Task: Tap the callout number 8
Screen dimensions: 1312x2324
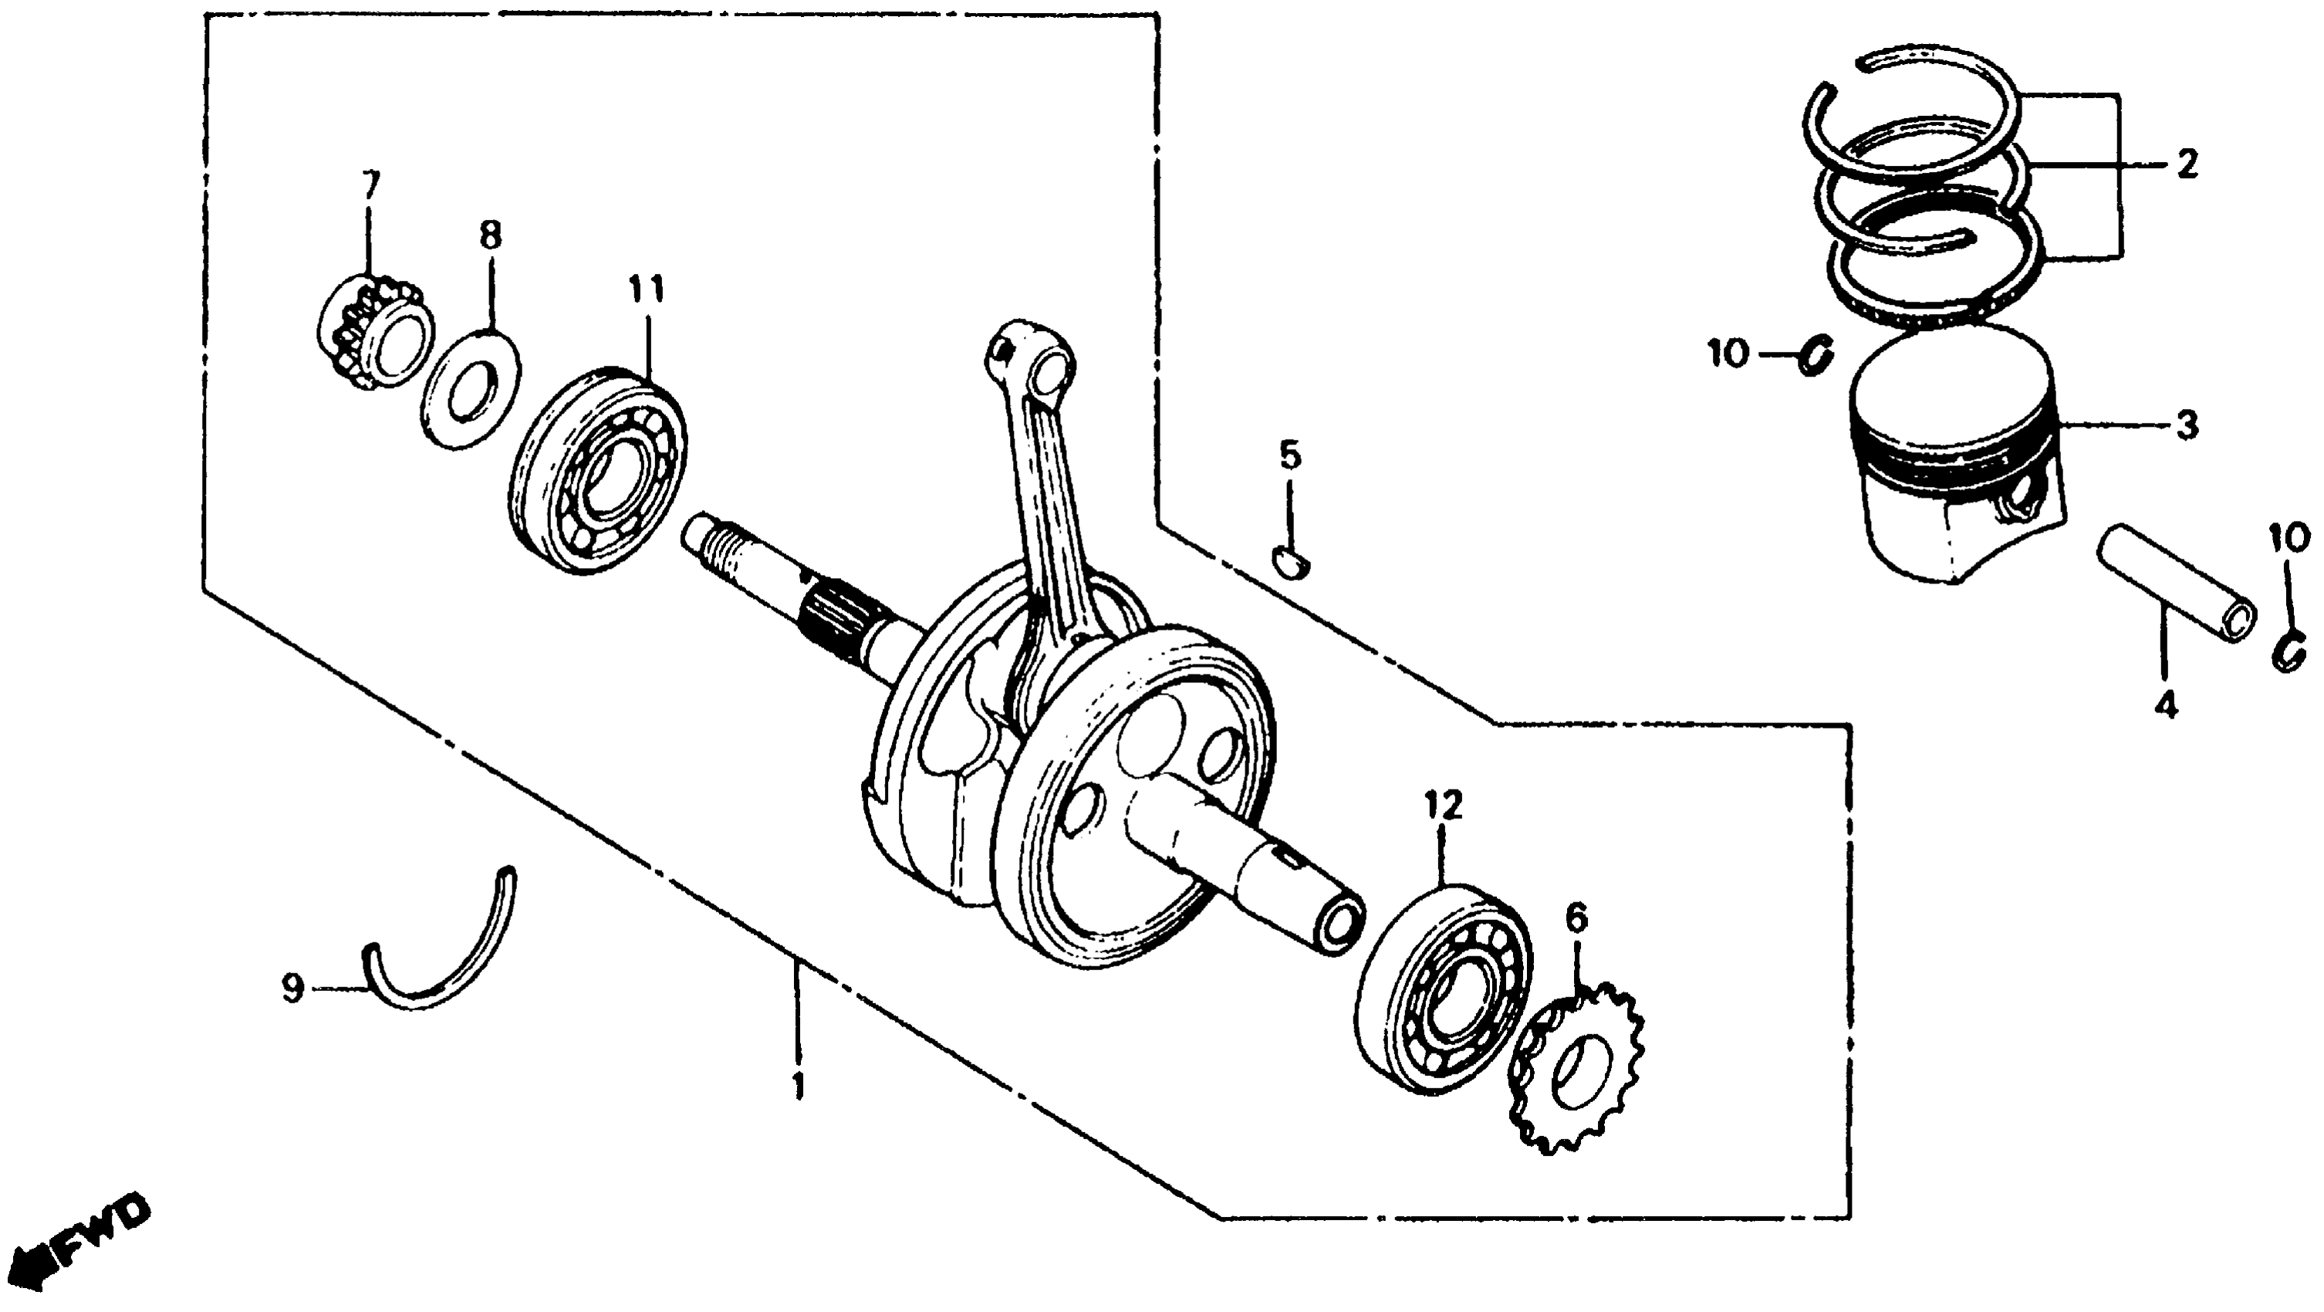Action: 490,236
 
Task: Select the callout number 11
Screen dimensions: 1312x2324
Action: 647,290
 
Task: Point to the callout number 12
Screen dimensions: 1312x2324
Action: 1443,805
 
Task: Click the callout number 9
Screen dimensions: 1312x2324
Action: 293,988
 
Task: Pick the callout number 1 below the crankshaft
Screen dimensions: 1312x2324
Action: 798,1086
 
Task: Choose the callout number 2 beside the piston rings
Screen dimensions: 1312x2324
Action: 2186,165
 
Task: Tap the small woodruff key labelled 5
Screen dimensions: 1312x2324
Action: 1292,563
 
